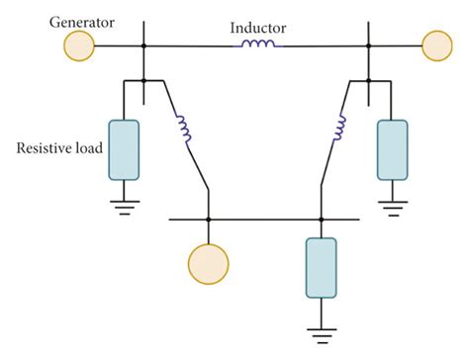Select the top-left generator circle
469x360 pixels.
point(79,45)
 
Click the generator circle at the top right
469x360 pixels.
point(434,45)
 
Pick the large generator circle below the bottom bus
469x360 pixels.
point(208,262)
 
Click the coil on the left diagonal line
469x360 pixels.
point(182,128)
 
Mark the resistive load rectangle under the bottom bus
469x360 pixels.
point(321,267)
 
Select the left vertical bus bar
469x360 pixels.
point(145,59)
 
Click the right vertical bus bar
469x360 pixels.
point(369,59)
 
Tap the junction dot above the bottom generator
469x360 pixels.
point(208,220)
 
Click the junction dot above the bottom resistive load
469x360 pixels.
point(321,220)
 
